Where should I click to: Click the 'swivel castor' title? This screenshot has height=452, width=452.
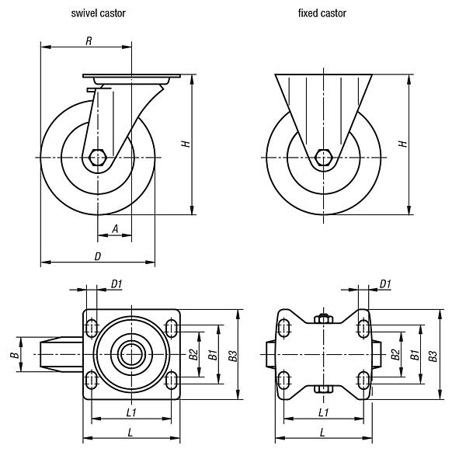click(98, 13)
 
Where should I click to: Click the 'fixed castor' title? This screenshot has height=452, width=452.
click(322, 13)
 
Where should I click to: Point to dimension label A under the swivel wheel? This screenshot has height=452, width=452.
click(115, 228)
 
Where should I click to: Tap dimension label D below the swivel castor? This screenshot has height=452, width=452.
click(97, 256)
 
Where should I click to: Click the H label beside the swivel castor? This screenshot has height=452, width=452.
click(184, 144)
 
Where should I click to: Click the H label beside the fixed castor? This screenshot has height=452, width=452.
click(401, 144)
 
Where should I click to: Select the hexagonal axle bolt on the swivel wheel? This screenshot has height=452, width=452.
click(98, 157)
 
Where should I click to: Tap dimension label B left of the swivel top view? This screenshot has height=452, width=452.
click(13, 355)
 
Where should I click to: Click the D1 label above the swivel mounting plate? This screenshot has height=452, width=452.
click(116, 284)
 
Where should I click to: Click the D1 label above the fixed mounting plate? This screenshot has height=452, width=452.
click(385, 284)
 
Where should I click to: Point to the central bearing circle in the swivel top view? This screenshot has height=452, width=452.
click(132, 355)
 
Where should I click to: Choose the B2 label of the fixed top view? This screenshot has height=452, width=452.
click(395, 355)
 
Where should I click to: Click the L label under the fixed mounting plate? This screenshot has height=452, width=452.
click(322, 432)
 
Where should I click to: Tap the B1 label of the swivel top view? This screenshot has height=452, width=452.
click(211, 355)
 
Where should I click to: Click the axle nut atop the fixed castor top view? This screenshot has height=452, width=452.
click(323, 318)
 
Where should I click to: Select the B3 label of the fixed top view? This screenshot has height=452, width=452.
click(433, 355)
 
